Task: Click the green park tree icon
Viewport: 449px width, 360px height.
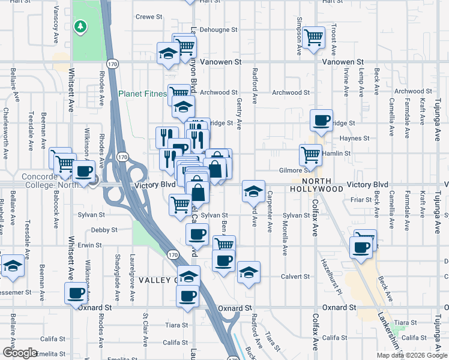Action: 80,27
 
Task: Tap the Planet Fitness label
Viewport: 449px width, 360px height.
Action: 143,94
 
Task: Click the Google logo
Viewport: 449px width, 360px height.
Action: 20,353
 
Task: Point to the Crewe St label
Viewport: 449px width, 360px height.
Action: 149,17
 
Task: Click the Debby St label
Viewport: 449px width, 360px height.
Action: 104,230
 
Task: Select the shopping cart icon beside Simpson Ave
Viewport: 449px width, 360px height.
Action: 313,37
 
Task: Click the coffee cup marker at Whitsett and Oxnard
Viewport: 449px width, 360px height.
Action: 76,293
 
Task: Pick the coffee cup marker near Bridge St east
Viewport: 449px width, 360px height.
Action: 322,120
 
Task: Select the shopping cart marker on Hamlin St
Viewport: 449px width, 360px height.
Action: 310,155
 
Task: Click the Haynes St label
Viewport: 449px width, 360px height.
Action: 353,138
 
